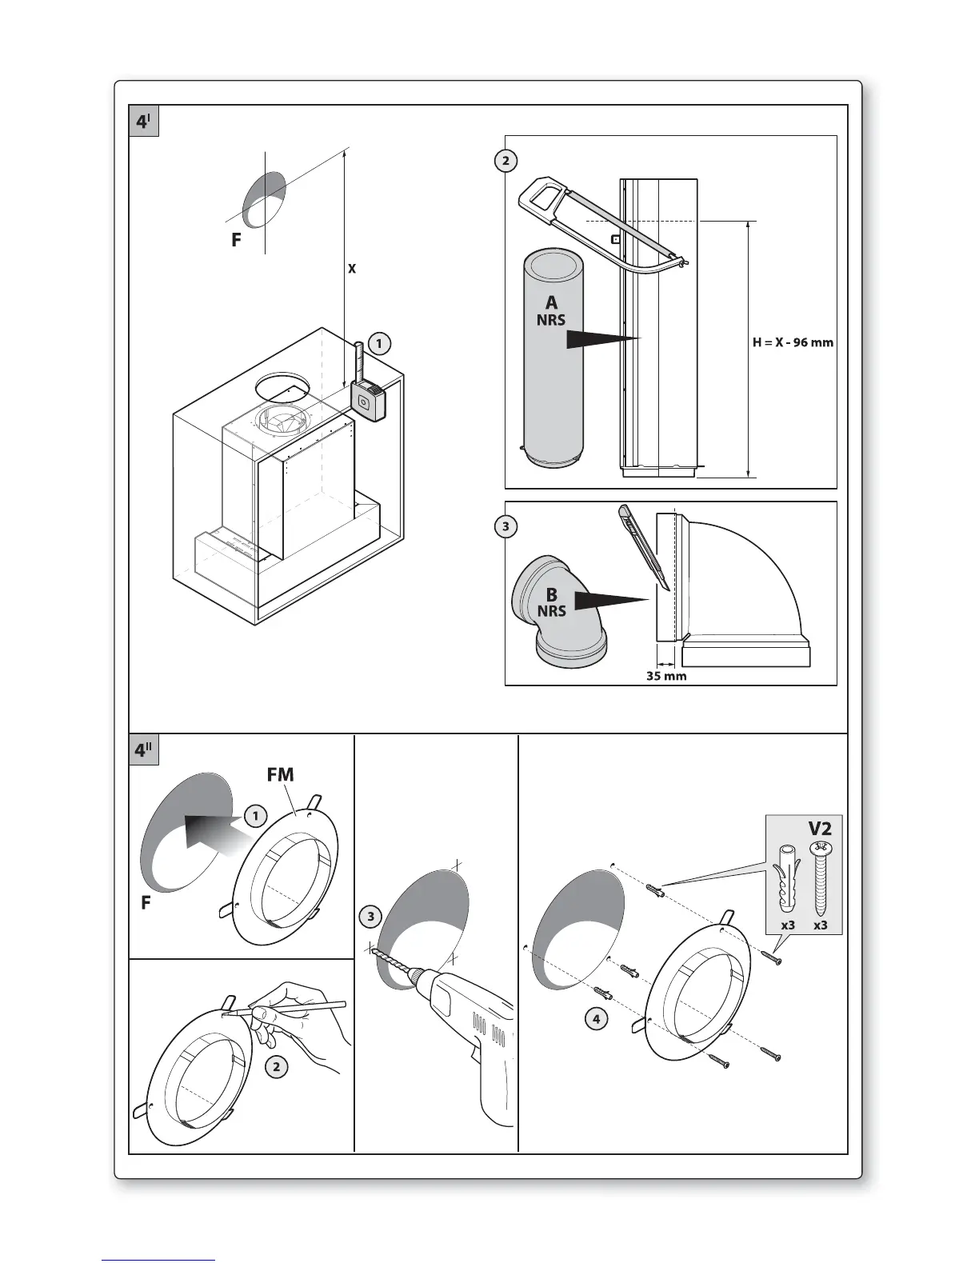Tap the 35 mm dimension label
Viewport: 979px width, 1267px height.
666,676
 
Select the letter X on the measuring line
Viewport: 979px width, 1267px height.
351,269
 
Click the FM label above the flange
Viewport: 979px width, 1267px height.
280,774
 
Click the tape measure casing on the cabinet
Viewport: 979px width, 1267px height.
367,400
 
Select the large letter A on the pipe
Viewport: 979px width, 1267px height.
551,302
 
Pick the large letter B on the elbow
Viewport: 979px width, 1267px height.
551,595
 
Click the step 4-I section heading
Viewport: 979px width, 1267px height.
144,122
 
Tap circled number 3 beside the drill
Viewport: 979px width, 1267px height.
370,917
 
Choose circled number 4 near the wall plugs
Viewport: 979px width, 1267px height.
595,1019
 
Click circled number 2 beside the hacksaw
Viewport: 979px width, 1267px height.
505,161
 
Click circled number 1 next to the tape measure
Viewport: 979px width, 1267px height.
379,343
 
